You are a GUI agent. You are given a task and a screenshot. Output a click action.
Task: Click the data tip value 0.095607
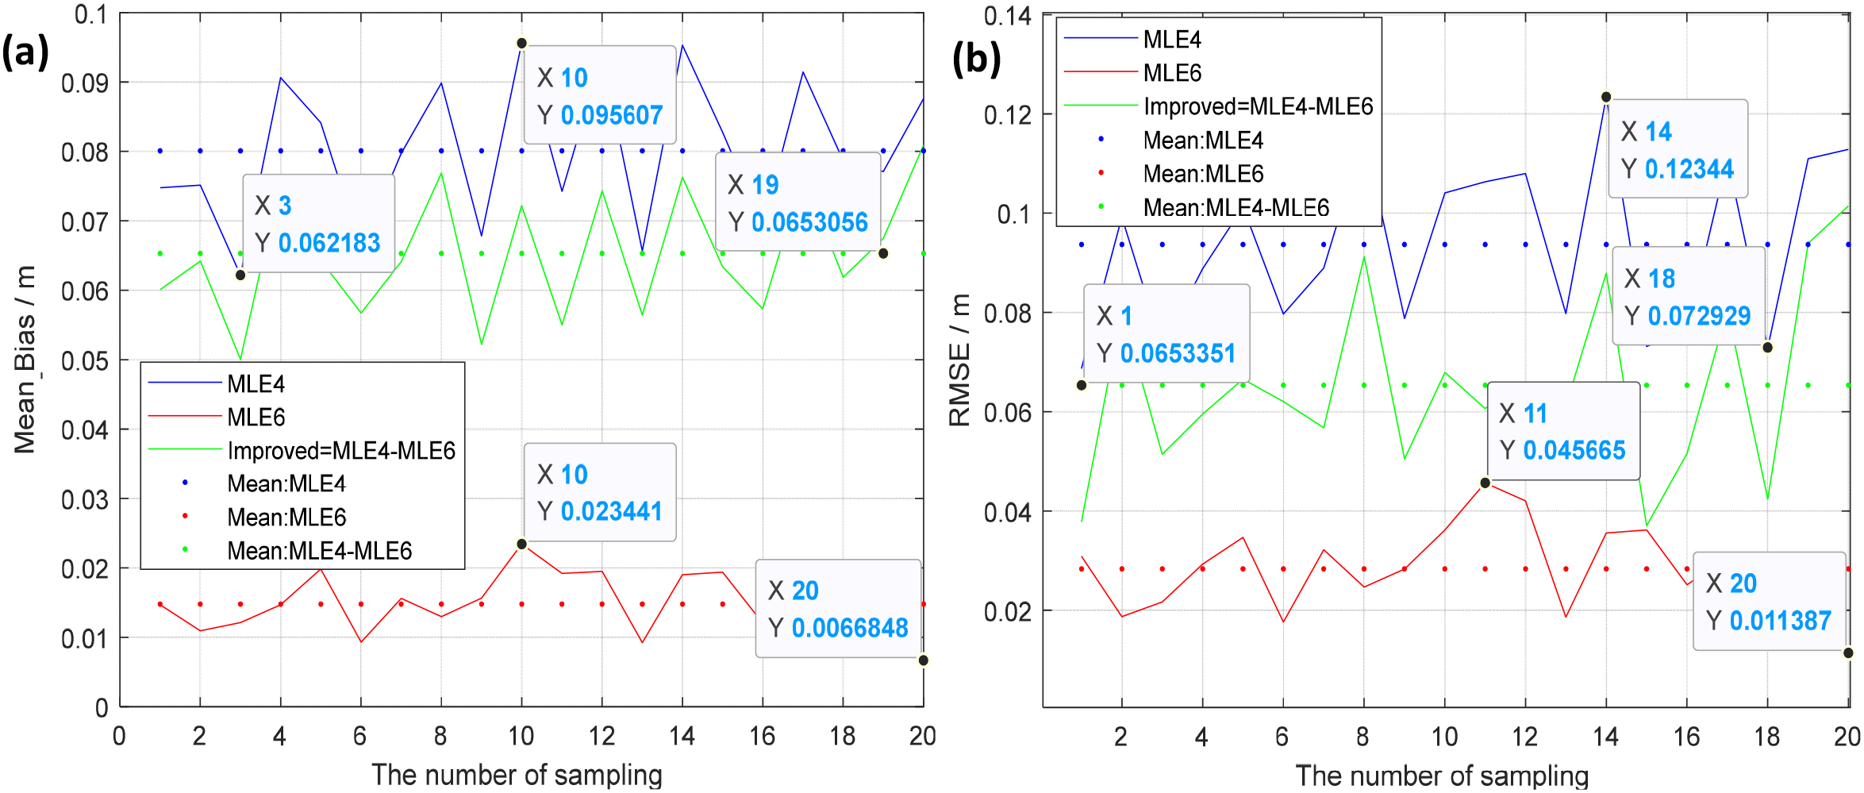(x=611, y=116)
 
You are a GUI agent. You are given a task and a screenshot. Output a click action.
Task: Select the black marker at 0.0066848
(x=923, y=660)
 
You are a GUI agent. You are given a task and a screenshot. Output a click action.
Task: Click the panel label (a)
(x=25, y=53)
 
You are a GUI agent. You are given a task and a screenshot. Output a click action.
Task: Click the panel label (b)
(x=976, y=60)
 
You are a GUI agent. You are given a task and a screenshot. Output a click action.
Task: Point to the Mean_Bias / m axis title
(x=25, y=360)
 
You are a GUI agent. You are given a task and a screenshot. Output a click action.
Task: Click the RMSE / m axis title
(x=960, y=360)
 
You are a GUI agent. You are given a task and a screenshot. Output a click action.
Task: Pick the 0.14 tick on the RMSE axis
(x=1007, y=16)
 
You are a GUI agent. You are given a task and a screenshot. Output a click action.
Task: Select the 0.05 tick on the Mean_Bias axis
(x=85, y=361)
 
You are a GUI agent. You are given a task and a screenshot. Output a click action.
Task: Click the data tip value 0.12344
(x=1689, y=169)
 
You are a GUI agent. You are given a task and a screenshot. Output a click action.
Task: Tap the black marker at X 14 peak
(x=1606, y=97)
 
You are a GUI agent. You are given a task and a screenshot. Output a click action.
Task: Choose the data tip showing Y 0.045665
(x=1562, y=432)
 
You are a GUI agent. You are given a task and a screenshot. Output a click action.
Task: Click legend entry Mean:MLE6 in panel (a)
(x=286, y=518)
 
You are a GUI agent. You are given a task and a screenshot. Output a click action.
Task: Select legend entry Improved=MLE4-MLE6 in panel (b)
(x=1258, y=106)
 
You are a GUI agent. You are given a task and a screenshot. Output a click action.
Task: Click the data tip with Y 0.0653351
(x=1166, y=334)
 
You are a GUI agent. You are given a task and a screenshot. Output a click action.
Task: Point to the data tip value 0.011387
(x=1780, y=621)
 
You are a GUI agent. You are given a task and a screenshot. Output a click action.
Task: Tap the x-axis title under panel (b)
(x=1442, y=776)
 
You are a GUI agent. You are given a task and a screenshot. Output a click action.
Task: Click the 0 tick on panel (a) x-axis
(x=119, y=737)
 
